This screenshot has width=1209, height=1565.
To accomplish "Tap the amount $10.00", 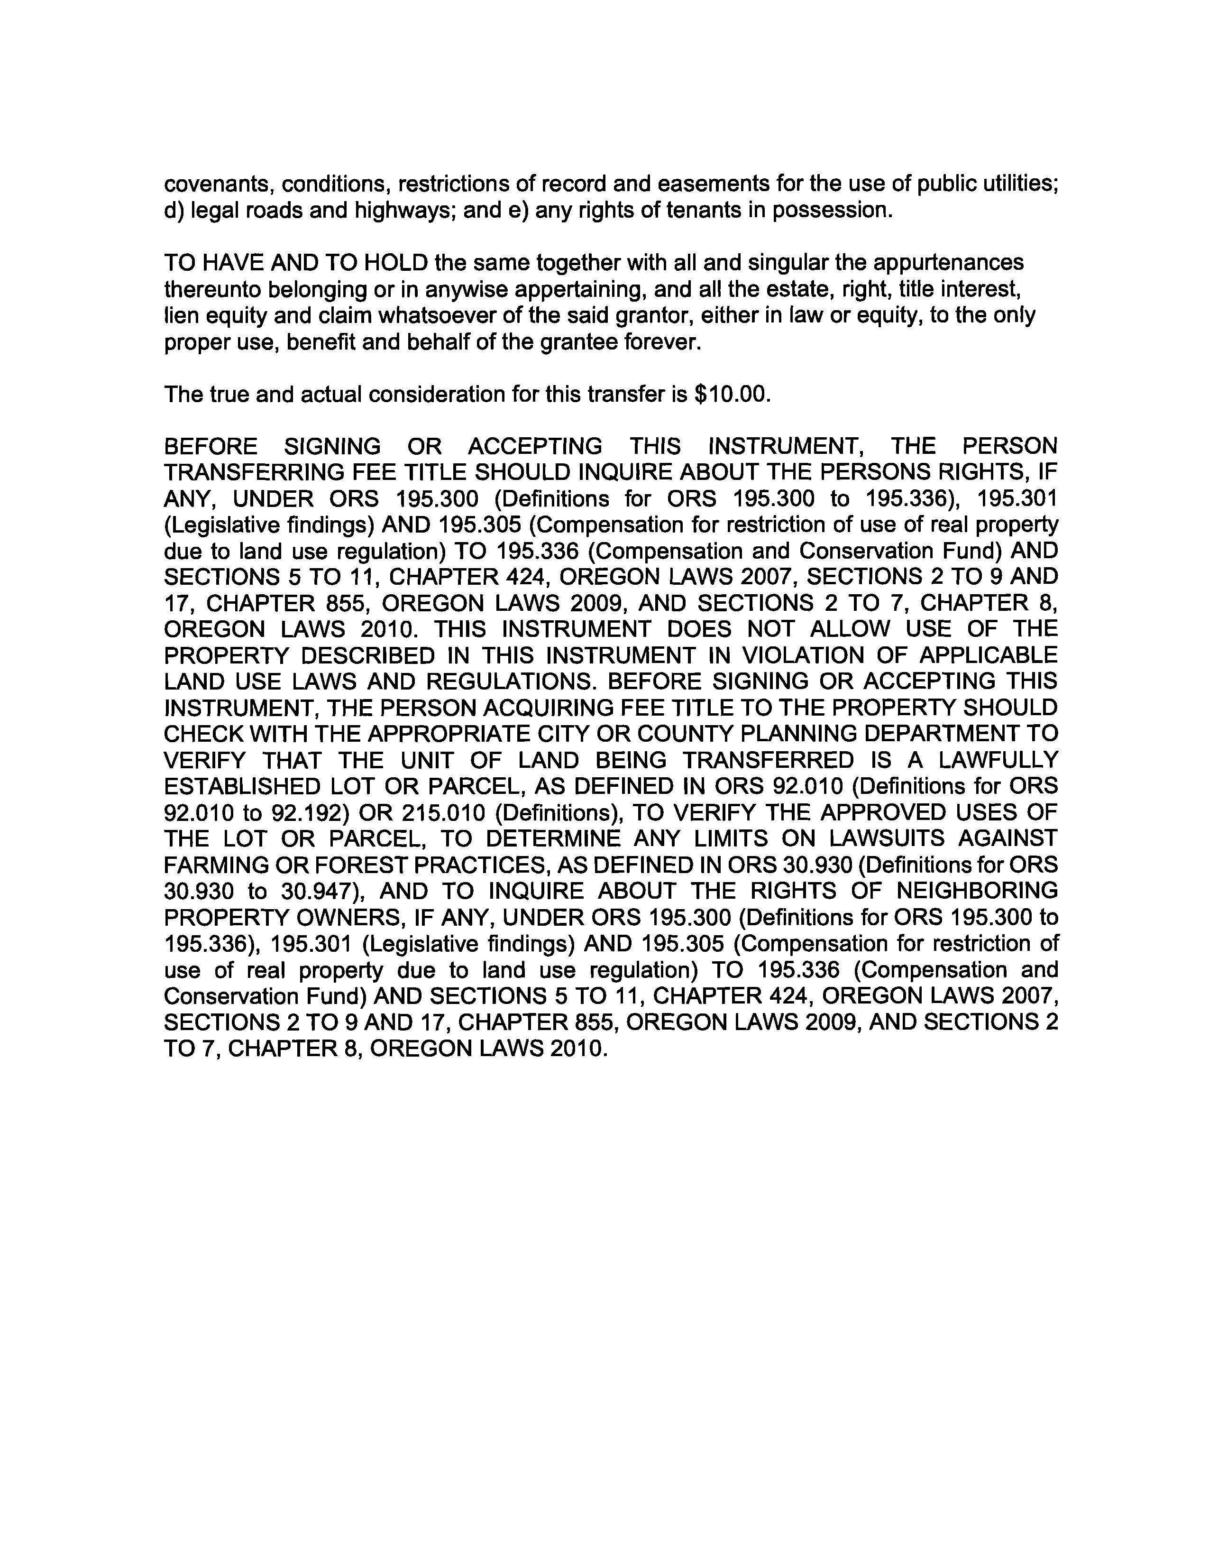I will (x=733, y=394).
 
